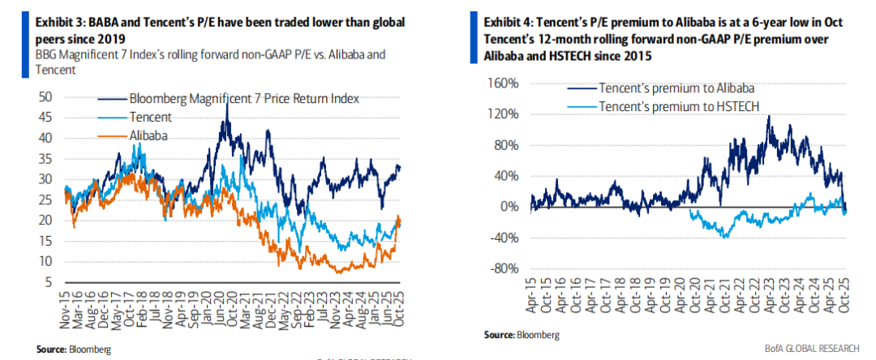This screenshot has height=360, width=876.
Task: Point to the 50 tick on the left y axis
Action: coord(45,96)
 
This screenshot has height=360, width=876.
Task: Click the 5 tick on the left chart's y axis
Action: coord(49,282)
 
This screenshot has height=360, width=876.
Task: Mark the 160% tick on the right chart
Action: coord(503,84)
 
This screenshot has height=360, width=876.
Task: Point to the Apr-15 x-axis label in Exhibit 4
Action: coord(532,298)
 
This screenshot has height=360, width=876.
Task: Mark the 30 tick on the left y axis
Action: coord(45,179)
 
